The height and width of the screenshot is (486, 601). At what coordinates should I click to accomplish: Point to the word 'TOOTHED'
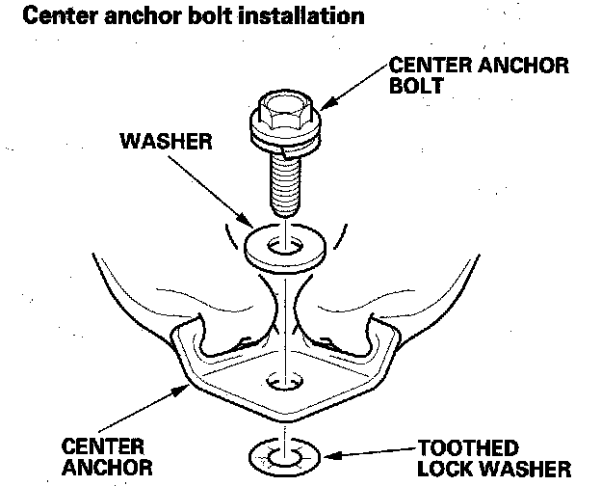coord(468,448)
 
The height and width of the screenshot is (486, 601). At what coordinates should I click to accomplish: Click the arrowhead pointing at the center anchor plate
coord(191,386)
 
